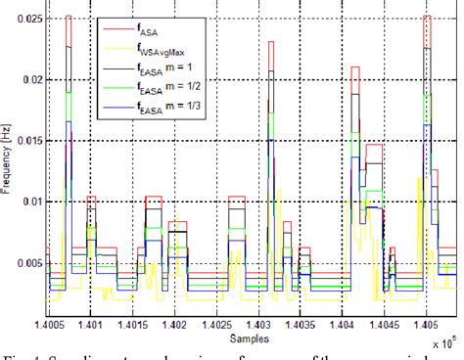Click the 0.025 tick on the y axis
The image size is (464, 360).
pyautogui.click(x=28, y=19)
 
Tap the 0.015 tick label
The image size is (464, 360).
pyautogui.click(x=28, y=140)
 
